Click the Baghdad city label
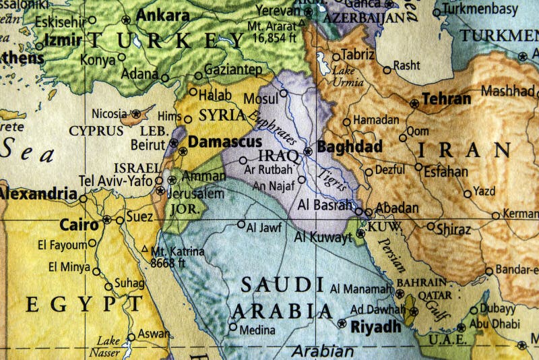[x=350, y=147]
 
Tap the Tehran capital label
[x=447, y=99]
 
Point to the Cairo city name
[x=80, y=224]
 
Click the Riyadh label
[x=375, y=327]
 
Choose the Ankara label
[x=162, y=15]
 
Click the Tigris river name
[x=333, y=176]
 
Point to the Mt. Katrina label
[x=178, y=252]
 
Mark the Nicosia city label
[x=108, y=113]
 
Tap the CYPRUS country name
[x=96, y=131]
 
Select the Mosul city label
[x=261, y=98]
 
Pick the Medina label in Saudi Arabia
[x=257, y=330]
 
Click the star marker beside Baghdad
[x=308, y=152]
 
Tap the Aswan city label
[x=154, y=333]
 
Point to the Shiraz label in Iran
[x=453, y=229]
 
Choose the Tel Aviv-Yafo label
[x=115, y=180]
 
